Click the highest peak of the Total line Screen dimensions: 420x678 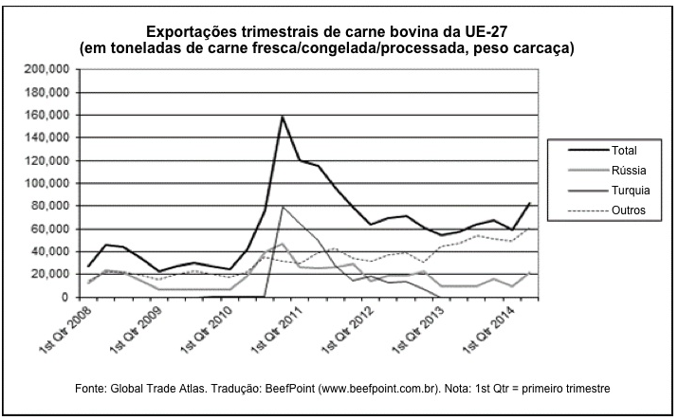tap(283, 117)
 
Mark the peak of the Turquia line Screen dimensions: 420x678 tap(283, 207)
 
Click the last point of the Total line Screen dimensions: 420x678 tap(529, 203)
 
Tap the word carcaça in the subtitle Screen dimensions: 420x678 tap(541, 46)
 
